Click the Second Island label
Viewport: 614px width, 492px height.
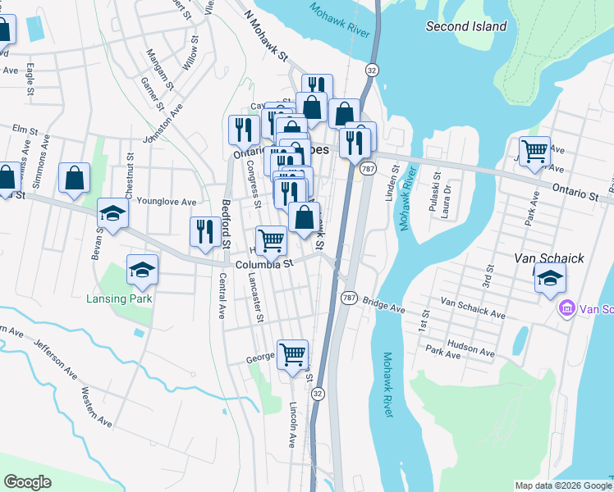pos(466,26)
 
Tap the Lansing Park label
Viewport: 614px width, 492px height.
pos(120,298)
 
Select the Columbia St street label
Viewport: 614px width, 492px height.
pos(264,265)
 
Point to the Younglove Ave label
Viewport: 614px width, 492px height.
pos(167,202)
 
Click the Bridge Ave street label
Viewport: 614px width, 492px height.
pos(384,305)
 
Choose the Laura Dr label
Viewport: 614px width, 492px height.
pos(447,194)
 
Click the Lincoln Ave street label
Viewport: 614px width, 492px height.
pos(291,424)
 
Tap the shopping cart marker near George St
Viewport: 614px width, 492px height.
pos(292,353)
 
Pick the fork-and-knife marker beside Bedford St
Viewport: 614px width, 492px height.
pos(204,230)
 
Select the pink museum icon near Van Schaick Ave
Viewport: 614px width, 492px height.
pos(566,309)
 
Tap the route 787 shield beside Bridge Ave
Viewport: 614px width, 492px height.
pos(350,298)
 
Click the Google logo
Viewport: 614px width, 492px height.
pos(27,482)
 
